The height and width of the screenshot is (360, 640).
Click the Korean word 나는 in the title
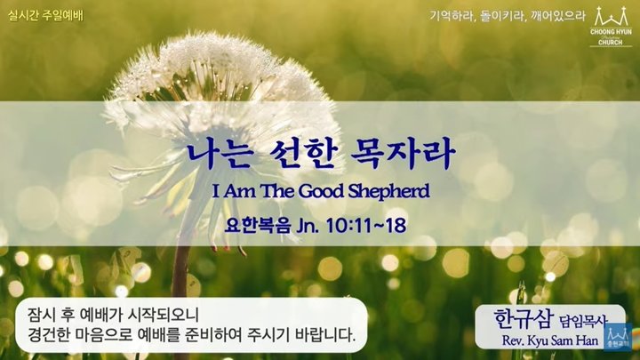[219, 154]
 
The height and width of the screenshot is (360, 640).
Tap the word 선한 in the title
[300, 154]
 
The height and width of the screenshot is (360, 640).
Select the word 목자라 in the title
[403, 154]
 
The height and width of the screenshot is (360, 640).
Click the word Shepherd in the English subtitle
[388, 191]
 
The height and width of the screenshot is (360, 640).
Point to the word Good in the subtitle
[322, 191]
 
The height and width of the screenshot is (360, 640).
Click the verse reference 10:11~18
[366, 226]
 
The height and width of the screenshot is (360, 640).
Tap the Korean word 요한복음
[258, 226]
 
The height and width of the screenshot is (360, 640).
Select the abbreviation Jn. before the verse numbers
[308, 226]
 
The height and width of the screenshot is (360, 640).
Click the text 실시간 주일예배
[45, 16]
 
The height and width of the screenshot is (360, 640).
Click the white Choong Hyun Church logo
[611, 26]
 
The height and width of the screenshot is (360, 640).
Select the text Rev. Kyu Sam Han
[550, 340]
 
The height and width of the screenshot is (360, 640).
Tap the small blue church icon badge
[618, 336]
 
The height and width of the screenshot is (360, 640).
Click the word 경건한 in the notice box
[48, 335]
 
